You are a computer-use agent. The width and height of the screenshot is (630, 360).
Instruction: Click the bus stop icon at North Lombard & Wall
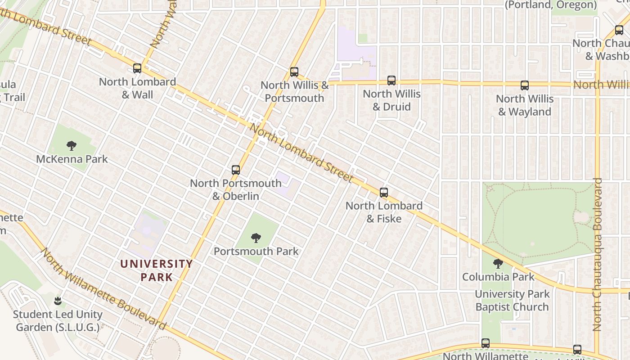coord(137,68)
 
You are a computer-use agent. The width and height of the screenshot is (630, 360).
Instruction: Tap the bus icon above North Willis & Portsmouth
coord(294,72)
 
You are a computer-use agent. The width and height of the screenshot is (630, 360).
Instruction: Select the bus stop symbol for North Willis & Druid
coord(391,81)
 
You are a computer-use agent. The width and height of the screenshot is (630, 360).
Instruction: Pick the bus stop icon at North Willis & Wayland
coord(524,85)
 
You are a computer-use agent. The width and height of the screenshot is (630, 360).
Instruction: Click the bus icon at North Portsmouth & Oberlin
coord(236,170)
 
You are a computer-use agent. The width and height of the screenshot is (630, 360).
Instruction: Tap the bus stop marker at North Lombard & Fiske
coord(384,193)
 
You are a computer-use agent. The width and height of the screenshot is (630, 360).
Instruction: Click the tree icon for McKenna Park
coord(71,145)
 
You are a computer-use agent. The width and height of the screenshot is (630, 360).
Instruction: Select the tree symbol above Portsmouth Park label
coord(256,238)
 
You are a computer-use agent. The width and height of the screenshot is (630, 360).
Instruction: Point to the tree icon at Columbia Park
coord(498,264)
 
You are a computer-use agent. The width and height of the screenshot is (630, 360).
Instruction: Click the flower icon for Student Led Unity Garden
coord(58,301)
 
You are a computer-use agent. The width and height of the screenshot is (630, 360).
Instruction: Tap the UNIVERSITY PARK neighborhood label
coord(157,270)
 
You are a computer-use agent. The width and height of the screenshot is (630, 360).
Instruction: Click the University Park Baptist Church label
coord(512,301)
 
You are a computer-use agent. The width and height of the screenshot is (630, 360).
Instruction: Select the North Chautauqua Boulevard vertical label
coord(597,254)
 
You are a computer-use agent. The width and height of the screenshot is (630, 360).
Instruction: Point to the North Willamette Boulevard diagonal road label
coord(103,289)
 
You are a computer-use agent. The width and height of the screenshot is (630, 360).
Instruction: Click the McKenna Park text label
coord(72,159)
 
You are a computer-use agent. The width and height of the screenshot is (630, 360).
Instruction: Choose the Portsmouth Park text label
coord(256,251)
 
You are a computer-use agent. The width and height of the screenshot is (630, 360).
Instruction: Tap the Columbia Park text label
coord(498,277)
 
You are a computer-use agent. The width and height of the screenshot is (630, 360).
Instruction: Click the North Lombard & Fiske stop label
coord(384,212)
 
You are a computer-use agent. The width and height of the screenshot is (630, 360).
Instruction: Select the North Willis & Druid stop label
coord(391,100)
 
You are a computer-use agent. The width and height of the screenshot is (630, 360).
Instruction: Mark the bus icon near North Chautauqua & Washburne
coord(619,30)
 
